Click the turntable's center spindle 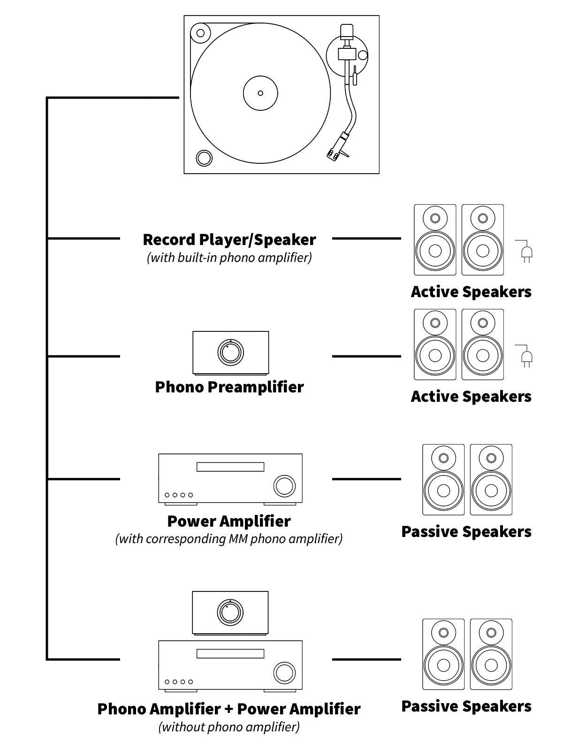(260, 92)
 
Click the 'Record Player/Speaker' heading (229, 239)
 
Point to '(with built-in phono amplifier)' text (229, 258)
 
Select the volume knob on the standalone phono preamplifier (230, 352)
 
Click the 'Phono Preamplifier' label (229, 387)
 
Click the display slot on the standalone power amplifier (230, 467)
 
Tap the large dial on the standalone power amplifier (284, 485)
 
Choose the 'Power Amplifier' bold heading (229, 521)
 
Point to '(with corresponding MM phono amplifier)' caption (229, 538)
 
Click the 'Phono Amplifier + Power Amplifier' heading (229, 709)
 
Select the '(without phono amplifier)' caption (229, 727)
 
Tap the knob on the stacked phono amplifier (230, 612)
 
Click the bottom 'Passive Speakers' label (466, 706)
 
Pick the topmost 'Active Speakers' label (471, 291)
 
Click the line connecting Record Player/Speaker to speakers (366, 238)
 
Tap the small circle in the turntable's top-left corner (200, 33)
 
